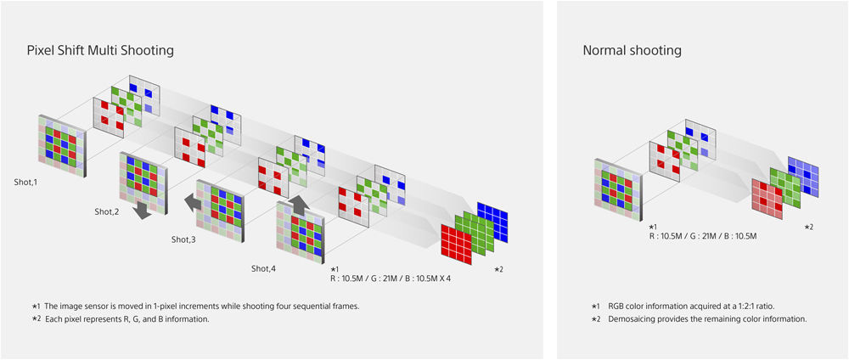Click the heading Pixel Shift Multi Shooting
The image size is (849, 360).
click(x=100, y=51)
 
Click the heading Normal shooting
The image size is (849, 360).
click(x=632, y=51)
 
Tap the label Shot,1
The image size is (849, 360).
click(x=26, y=182)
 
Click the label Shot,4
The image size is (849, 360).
click(x=264, y=268)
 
